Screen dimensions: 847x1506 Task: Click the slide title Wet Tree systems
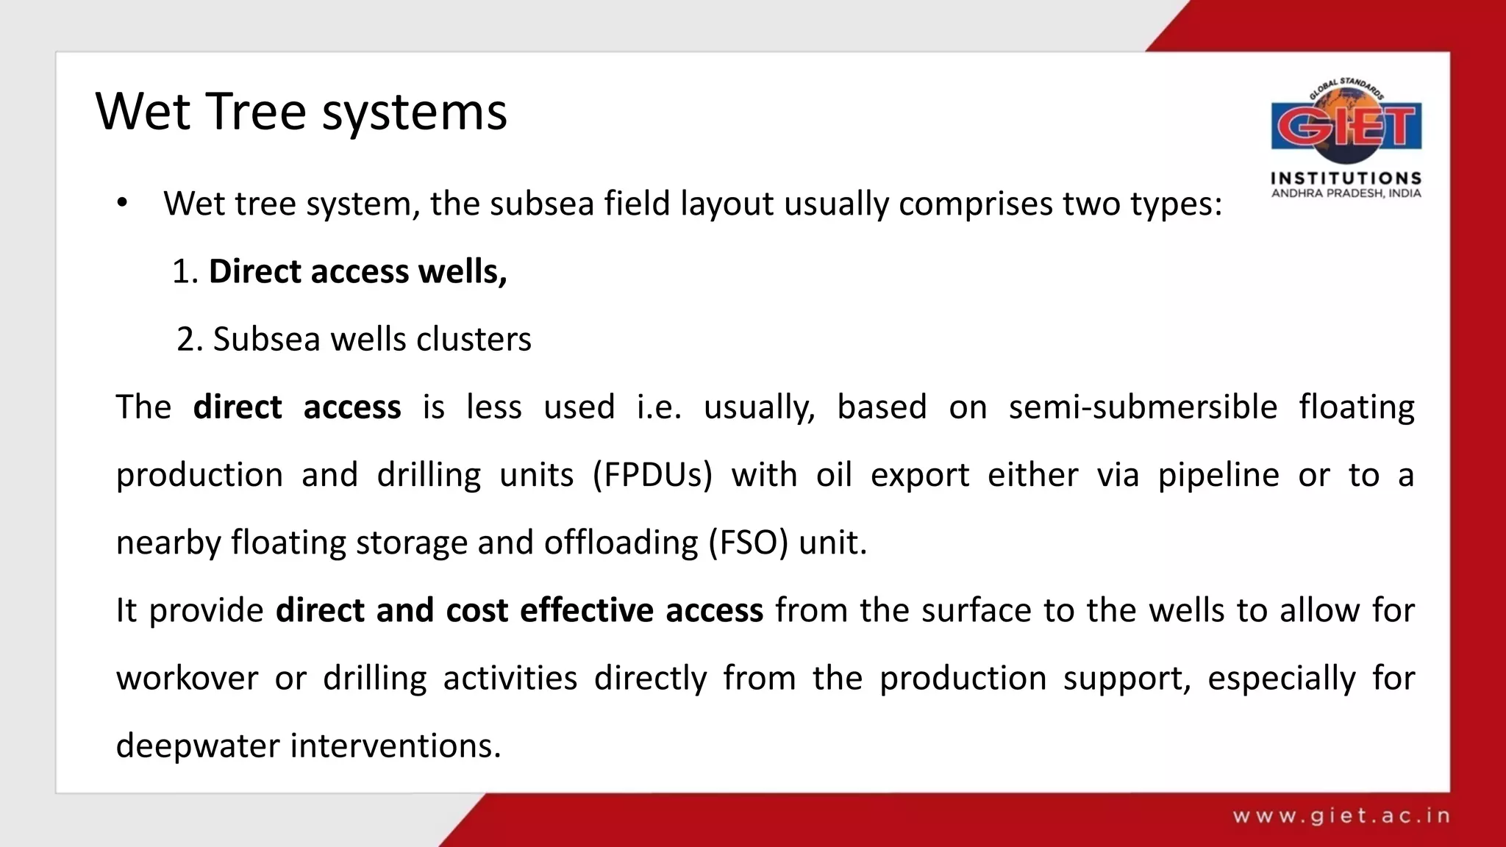[301, 112]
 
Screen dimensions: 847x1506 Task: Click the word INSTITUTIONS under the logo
[1346, 178]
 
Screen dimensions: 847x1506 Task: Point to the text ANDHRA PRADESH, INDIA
[1346, 193]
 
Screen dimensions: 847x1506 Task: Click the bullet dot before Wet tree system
[122, 204]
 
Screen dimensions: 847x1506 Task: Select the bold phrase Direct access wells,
[357, 271]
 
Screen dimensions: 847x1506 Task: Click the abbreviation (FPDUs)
[652, 474]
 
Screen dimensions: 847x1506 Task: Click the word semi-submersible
[1142, 407]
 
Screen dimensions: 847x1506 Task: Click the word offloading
[621, 543]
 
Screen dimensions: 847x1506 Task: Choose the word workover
[187, 678]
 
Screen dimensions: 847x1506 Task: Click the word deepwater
[198, 746]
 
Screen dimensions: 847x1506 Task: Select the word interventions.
[396, 746]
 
